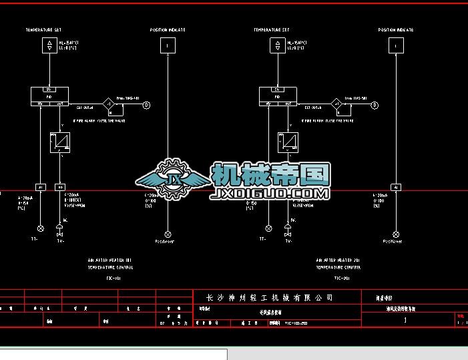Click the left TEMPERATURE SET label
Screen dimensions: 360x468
pyautogui.click(x=43, y=30)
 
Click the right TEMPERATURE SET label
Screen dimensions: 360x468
pyautogui.click(x=271, y=30)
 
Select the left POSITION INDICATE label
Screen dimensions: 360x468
pyautogui.click(x=168, y=30)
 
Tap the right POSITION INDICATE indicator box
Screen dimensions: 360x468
pyautogui.click(x=397, y=45)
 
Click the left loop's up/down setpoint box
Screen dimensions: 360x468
pyautogui.click(x=49, y=45)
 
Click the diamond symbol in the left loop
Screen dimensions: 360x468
pyautogui.click(x=108, y=104)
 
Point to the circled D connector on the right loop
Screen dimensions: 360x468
pyautogui.click(x=375, y=105)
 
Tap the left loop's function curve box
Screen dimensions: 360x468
pyautogui.click(x=59, y=142)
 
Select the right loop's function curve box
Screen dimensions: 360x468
pyautogui.click(x=288, y=142)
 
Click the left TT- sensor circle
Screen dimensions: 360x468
pyautogui.click(x=40, y=228)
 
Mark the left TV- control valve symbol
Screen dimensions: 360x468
pyautogui.click(x=60, y=234)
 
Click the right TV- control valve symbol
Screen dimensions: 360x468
pyautogui.click(x=288, y=234)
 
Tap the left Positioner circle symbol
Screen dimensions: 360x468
pyautogui.click(x=168, y=234)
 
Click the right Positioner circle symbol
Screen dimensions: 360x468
pyautogui.click(x=397, y=234)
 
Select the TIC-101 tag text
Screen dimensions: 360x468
pyautogui.click(x=113, y=277)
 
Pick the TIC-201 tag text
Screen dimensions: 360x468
pyautogui.click(x=341, y=277)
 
